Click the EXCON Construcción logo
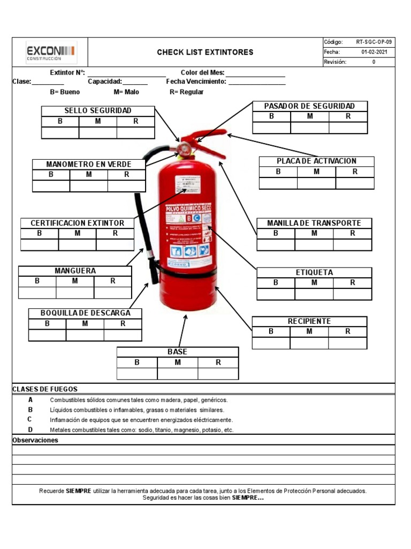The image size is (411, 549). pos(51,52)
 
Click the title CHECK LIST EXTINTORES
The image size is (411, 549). pos(205,53)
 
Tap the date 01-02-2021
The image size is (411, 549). pos(374,52)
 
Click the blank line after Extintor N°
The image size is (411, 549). pos(126,73)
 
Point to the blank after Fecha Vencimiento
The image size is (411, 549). pos(257,82)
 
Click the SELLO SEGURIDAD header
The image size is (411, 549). pos(98,110)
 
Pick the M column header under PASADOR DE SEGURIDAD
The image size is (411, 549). pos(310,116)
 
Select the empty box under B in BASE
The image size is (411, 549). pos(137,374)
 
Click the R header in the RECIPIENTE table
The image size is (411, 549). pos(348,331)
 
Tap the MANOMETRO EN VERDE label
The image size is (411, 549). pos(88,164)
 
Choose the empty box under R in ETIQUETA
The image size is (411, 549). pos(352,294)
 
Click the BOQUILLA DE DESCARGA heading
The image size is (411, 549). pos(85,313)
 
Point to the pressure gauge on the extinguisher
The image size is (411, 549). pos(186,146)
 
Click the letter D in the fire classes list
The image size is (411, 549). pos(31,429)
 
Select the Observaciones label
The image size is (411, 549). pos(35,440)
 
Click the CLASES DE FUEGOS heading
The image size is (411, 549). pos(45,389)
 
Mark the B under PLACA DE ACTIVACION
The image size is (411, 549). pos(278,172)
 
